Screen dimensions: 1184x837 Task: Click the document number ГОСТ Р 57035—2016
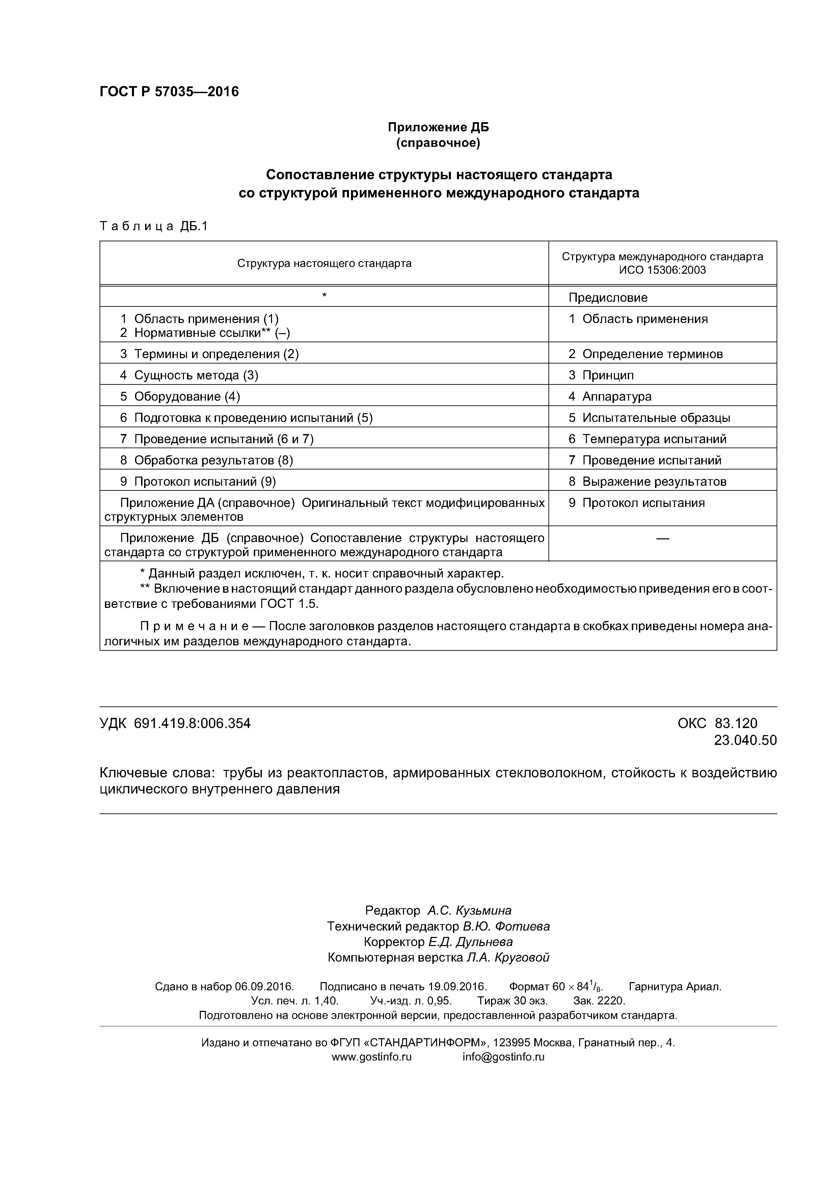tap(169, 92)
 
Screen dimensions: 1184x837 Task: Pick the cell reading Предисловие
tap(607, 298)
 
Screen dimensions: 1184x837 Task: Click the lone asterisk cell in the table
tap(324, 295)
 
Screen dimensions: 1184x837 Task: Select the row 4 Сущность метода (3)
tap(189, 375)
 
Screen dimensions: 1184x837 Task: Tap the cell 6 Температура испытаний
tap(647, 439)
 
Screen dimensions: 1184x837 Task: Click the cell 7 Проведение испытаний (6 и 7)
tap(217, 439)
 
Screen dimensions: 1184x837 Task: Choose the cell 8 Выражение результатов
tap(647, 481)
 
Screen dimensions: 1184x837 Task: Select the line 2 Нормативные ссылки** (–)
tap(205, 332)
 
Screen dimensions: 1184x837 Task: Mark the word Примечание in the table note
tap(194, 626)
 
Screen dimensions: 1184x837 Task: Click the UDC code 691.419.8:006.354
tap(192, 724)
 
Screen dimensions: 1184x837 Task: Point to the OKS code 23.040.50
tap(745, 741)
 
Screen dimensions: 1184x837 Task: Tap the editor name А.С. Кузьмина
tap(469, 910)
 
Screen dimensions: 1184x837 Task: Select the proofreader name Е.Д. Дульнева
tap(470, 942)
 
